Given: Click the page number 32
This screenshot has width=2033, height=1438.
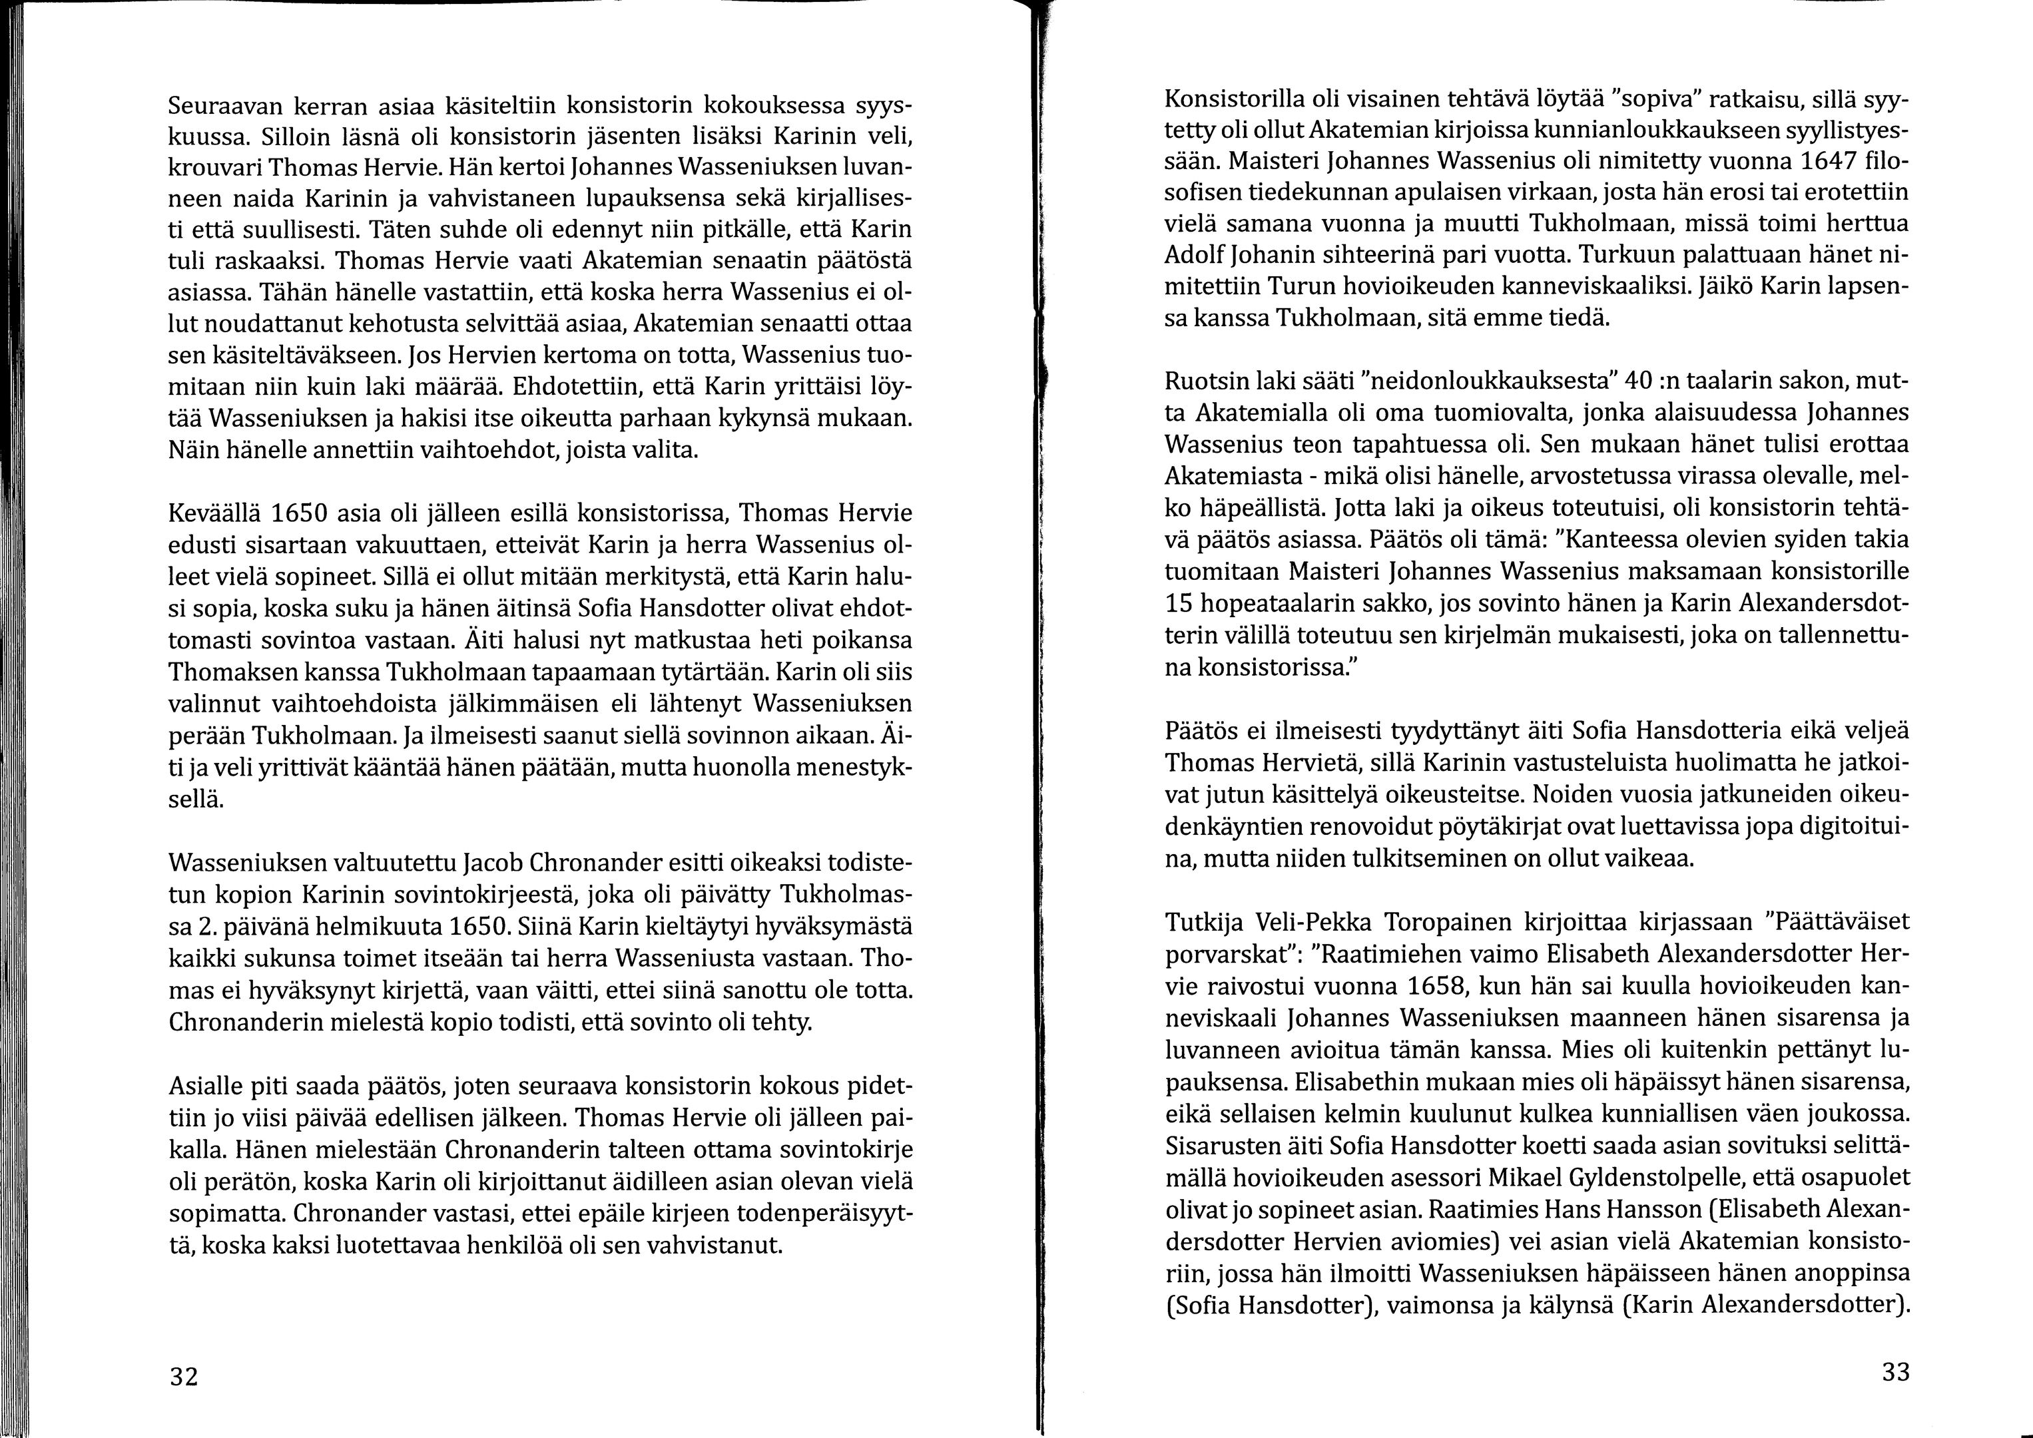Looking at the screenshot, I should click(184, 1377).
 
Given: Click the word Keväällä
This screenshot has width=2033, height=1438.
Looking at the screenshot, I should click(212, 513).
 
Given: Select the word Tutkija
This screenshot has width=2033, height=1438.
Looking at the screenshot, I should click(1203, 923).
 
